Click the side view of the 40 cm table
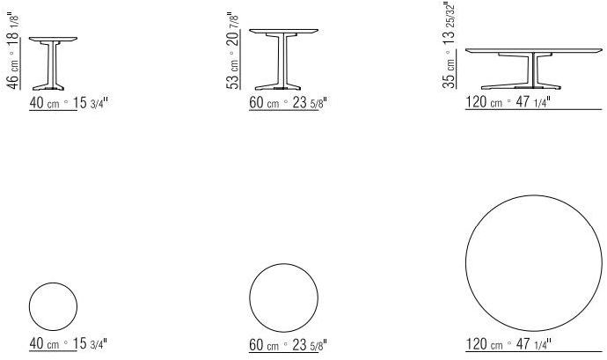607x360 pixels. click(x=53, y=63)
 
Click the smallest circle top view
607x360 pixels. click(x=53, y=307)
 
